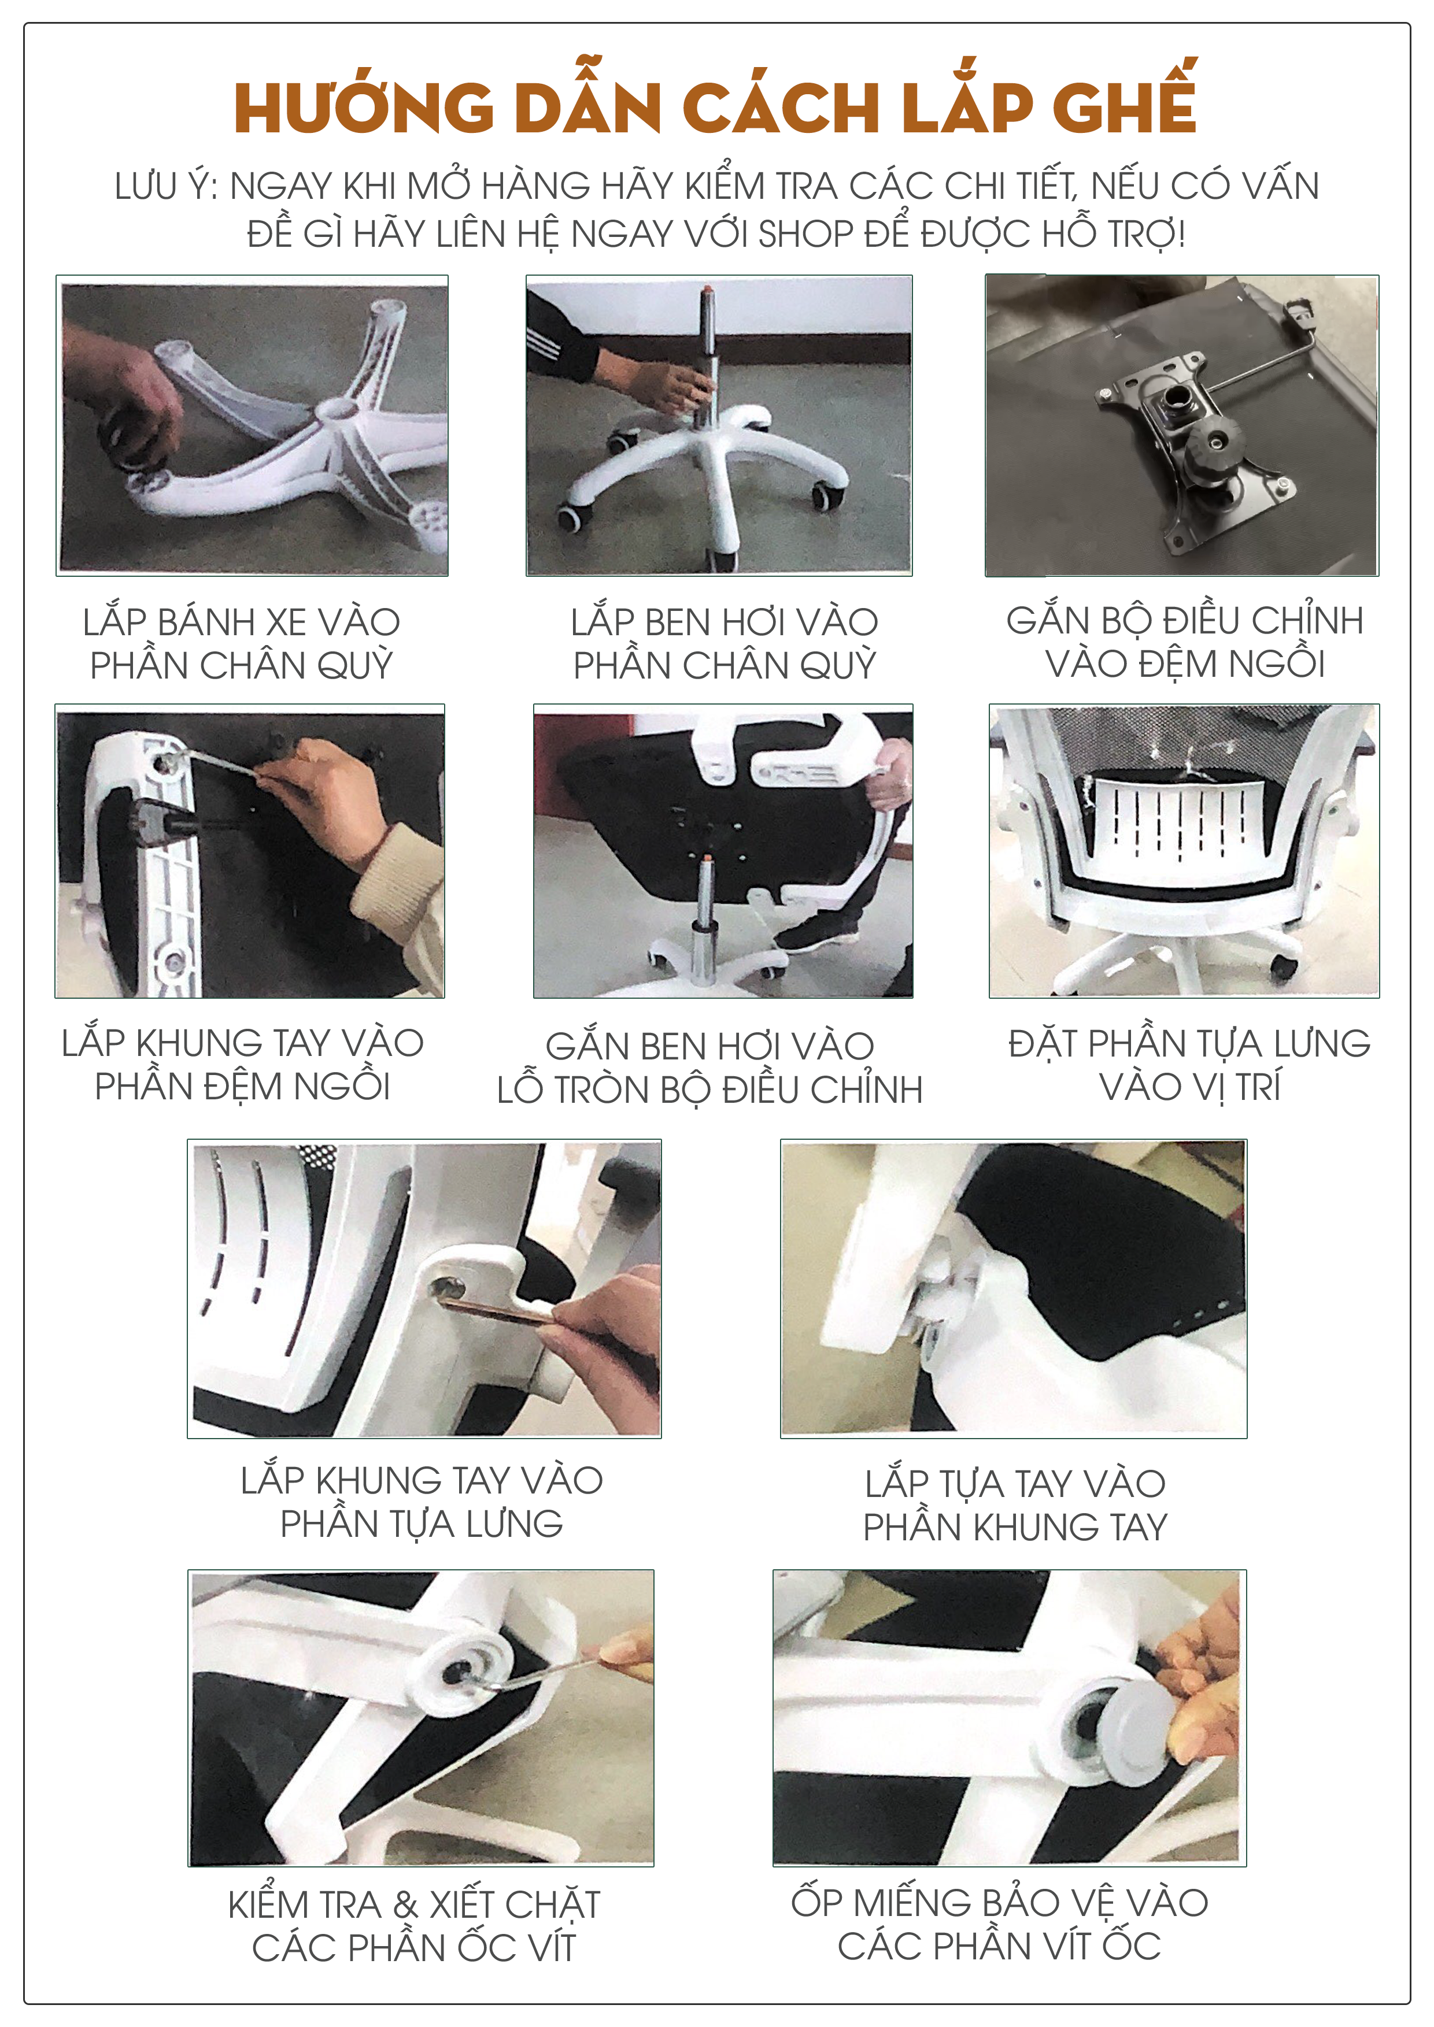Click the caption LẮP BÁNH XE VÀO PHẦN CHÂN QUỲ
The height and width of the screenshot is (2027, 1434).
point(241,644)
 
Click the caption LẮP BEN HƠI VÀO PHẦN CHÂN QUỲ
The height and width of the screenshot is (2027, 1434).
point(724,644)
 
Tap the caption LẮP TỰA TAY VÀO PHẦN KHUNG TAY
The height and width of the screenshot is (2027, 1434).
point(1015,1505)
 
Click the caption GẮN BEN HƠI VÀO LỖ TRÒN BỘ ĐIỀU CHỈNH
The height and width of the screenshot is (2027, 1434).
point(710,1068)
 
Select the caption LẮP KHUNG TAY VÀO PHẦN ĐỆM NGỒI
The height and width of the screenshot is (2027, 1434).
point(243,1064)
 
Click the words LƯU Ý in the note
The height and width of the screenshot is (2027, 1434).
point(166,186)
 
